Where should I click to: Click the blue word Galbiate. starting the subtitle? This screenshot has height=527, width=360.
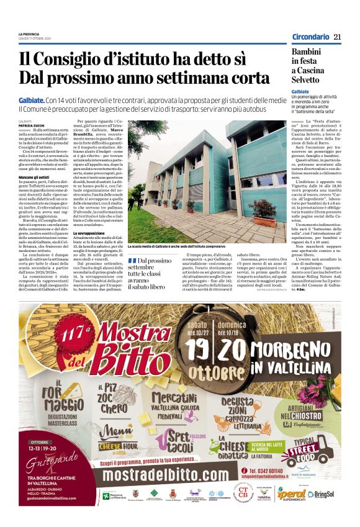click(x=32, y=100)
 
